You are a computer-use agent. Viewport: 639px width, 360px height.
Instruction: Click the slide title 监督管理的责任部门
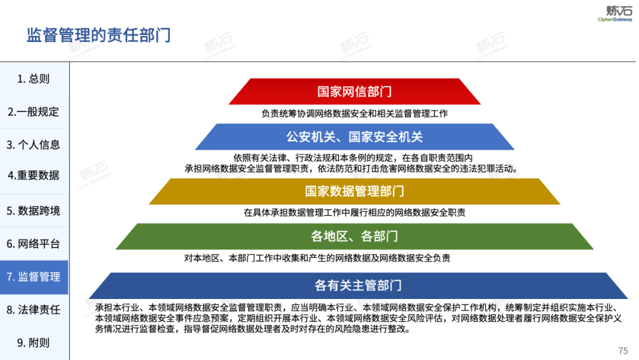99,35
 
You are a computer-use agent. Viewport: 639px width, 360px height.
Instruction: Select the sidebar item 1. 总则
33,79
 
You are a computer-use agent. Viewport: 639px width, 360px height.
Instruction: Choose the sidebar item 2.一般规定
33,112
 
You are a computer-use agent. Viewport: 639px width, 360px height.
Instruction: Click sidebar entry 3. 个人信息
33,144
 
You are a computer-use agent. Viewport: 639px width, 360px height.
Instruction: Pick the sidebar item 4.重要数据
33,175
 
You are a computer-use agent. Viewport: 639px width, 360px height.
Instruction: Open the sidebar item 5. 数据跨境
33,211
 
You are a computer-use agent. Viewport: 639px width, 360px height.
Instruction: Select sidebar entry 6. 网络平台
33,244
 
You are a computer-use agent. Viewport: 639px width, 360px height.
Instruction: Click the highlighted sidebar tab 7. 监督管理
33,277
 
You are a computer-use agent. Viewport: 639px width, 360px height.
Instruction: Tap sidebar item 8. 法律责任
33,310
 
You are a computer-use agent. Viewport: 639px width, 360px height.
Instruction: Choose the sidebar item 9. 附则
33,343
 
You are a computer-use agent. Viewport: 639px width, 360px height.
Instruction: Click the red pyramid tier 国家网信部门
354,92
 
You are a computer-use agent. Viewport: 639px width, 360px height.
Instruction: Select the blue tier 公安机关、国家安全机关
354,137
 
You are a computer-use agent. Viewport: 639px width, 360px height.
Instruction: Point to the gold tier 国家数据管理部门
354,191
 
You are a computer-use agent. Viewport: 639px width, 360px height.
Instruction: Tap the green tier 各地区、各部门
354,236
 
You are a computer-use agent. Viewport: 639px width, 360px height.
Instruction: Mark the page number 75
622,351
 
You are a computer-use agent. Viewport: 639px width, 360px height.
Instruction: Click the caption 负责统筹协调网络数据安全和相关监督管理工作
354,113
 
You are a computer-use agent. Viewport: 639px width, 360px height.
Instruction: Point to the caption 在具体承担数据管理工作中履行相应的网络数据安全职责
354,213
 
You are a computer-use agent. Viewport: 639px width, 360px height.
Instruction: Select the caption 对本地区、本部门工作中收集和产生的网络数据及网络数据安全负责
317,258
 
